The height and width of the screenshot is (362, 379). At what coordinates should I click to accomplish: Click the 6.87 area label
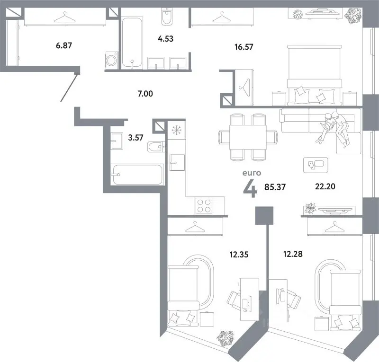64,45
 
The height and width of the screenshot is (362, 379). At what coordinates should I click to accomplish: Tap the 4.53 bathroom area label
165,39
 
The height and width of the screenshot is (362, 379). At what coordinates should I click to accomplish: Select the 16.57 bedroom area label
244,47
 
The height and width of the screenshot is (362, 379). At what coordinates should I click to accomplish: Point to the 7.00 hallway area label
145,94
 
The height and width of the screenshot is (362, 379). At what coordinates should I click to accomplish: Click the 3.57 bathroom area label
135,138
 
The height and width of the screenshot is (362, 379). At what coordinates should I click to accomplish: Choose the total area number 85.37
275,187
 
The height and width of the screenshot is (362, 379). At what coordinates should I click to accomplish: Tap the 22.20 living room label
325,186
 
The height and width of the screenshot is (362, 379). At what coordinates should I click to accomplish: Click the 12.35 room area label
239,255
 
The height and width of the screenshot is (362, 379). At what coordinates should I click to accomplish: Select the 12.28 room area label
293,254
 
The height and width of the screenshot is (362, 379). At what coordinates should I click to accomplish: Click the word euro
252,173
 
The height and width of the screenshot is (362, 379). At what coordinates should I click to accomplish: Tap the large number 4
250,189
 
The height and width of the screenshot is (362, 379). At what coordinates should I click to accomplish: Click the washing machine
112,60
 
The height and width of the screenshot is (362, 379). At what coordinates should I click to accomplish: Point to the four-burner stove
204,206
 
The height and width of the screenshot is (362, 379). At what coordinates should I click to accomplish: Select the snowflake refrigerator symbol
176,131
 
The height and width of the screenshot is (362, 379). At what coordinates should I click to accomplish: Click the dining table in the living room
248,137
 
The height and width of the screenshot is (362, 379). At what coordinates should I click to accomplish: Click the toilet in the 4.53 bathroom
167,16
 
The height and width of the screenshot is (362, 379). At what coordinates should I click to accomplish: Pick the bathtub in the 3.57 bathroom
137,174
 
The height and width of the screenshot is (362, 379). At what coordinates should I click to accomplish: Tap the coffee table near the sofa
316,165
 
